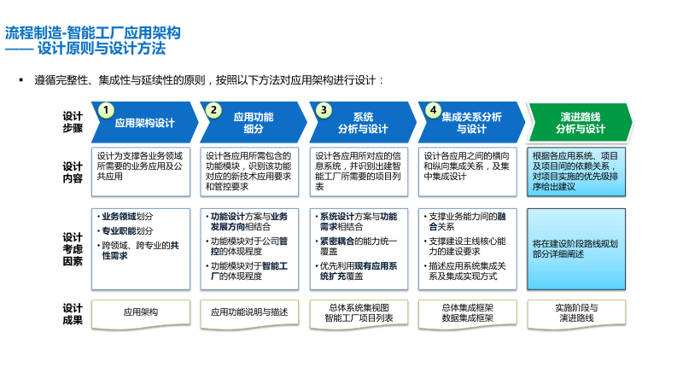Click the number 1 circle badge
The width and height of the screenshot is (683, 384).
tap(105, 110)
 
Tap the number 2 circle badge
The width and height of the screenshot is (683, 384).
tap(213, 110)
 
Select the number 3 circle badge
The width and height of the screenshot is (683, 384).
tap(323, 110)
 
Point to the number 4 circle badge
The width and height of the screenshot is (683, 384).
tap(433, 110)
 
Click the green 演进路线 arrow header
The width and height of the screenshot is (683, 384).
tap(581, 122)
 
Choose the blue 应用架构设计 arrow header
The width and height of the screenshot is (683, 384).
tap(144, 123)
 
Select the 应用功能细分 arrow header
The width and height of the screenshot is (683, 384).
tap(254, 122)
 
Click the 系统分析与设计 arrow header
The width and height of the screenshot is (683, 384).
tap(363, 122)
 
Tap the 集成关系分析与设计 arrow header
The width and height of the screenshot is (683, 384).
tap(471, 122)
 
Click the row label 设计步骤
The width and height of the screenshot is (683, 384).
tap(73, 122)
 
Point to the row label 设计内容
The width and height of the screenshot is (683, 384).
tap(73, 172)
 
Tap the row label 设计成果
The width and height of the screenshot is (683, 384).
tap(73, 314)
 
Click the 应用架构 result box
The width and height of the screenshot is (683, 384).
tap(141, 312)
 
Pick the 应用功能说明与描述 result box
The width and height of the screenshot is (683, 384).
tap(249, 312)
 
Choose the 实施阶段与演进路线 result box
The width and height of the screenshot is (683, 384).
tap(576, 312)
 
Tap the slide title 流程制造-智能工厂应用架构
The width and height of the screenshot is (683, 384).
tap(93, 33)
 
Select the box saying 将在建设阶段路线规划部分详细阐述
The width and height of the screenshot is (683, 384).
tap(575, 248)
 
